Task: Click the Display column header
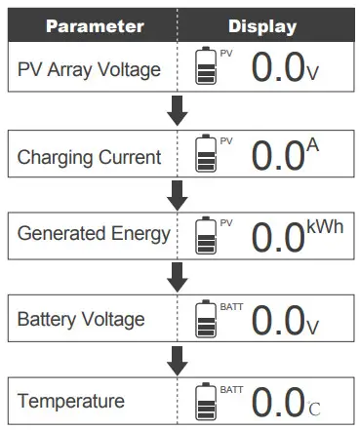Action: [x=261, y=25]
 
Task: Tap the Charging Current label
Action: [x=89, y=157]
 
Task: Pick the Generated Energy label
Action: [x=94, y=235]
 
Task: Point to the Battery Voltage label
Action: [x=82, y=319]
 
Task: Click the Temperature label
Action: [x=72, y=401]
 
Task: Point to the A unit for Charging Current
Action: [x=313, y=145]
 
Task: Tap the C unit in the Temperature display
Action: [x=314, y=407]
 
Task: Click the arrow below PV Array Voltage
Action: [x=177, y=111]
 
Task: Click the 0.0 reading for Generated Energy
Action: [x=278, y=238]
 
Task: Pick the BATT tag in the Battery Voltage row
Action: [x=231, y=306]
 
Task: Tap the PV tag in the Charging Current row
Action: [x=226, y=140]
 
